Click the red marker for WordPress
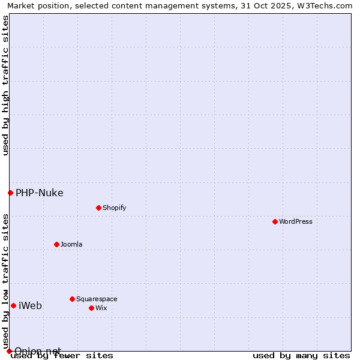pos(275,221)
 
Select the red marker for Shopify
pos(98,208)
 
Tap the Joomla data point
pos(56,244)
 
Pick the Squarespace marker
pos(72,299)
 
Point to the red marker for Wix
pos(91,308)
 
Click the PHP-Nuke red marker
pos(10,193)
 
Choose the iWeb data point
pos(13,305)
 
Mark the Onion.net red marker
pos(9,351)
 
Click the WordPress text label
pos(296,221)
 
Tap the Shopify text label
pos(114,208)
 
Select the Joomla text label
pos(71,244)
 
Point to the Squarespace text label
pos(97,299)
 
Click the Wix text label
pos(101,308)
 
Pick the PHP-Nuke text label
pos(39,193)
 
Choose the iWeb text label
pos(30,305)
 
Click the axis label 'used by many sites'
pos(301,356)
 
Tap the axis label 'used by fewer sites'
pos(62,356)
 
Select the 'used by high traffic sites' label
pos(5,86)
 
